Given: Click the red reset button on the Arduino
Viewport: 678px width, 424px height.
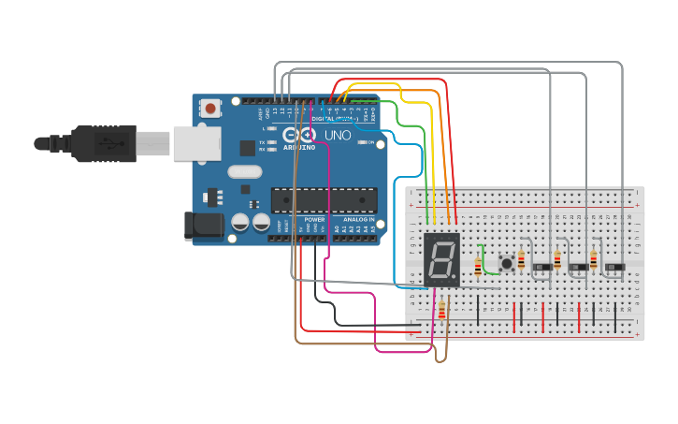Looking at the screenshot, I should pyautogui.click(x=210, y=109).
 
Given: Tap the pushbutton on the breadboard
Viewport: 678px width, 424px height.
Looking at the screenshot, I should pyautogui.click(x=507, y=263).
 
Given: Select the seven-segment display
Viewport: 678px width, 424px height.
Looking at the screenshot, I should pyautogui.click(x=441, y=259).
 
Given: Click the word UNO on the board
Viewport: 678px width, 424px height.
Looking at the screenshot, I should pyautogui.click(x=338, y=136).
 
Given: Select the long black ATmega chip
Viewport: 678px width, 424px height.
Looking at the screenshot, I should pyautogui.click(x=324, y=199).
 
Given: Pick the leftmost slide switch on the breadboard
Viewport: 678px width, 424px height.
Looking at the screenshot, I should pyautogui.click(x=542, y=267).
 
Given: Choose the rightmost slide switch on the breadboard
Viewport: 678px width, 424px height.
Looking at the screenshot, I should pyautogui.click(x=614, y=267).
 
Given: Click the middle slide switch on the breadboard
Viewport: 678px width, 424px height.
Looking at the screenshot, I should pyautogui.click(x=579, y=267).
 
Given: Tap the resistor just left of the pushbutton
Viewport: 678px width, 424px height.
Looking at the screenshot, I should pyautogui.click(x=478, y=268).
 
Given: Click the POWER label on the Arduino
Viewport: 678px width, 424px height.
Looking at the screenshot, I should pyautogui.click(x=314, y=219).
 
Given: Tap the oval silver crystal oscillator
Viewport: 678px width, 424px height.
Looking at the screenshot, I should pyautogui.click(x=244, y=171).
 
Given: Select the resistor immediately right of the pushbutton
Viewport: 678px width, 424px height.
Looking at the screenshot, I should pyautogui.click(x=521, y=260).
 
